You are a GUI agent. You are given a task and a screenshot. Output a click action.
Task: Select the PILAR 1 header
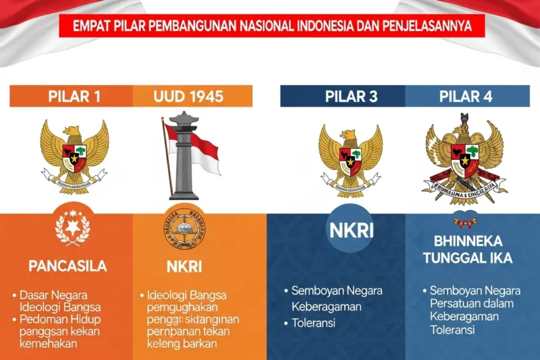74,96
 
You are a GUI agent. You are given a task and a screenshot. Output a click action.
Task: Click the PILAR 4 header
466,96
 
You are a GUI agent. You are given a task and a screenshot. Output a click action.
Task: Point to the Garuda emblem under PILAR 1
74,154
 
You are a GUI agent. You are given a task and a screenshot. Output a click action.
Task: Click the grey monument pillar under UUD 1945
184,159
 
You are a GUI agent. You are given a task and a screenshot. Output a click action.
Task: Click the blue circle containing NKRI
350,229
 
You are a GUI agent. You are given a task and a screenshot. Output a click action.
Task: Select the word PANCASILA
67,266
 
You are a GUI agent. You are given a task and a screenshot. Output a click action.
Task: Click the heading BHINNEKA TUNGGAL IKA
473,250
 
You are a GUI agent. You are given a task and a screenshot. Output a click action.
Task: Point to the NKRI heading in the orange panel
183,266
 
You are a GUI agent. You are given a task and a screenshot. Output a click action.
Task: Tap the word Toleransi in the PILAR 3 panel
315,323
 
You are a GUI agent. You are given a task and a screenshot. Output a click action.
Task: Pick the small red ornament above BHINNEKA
466,221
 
